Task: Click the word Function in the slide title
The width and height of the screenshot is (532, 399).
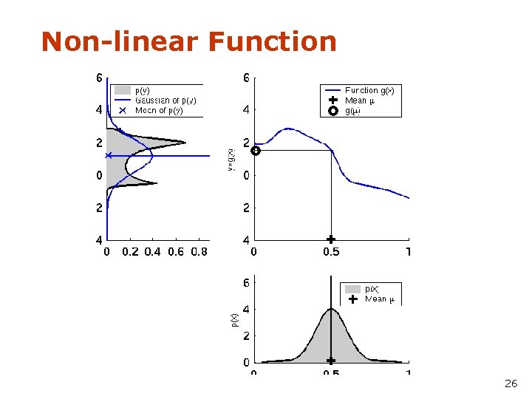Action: pos(272,41)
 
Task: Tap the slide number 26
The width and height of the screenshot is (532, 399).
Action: pos(511,383)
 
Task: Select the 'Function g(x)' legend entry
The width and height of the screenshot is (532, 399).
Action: pos(369,90)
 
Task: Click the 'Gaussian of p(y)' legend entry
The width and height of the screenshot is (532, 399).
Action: pos(165,100)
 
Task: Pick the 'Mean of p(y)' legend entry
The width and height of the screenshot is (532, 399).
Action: pos(158,110)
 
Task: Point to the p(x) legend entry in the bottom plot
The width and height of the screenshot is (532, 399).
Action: pos(372,289)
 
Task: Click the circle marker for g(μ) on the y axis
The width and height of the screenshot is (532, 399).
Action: pos(256,151)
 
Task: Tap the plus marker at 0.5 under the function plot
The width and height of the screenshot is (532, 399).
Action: pos(331,239)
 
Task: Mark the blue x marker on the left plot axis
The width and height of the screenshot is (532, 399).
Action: pos(109,155)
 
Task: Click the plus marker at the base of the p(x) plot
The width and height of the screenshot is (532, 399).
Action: pos(331,361)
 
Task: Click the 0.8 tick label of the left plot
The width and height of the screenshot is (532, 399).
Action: pos(199,252)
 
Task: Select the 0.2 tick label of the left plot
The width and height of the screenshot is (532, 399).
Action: pos(130,252)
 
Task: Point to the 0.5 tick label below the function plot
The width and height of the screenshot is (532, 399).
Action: pos(331,252)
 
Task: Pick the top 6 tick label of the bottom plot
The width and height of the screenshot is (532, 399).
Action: pos(246,282)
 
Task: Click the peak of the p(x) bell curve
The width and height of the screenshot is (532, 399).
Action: pos(331,309)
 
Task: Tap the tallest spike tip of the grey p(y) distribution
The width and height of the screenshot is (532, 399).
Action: pos(185,142)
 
